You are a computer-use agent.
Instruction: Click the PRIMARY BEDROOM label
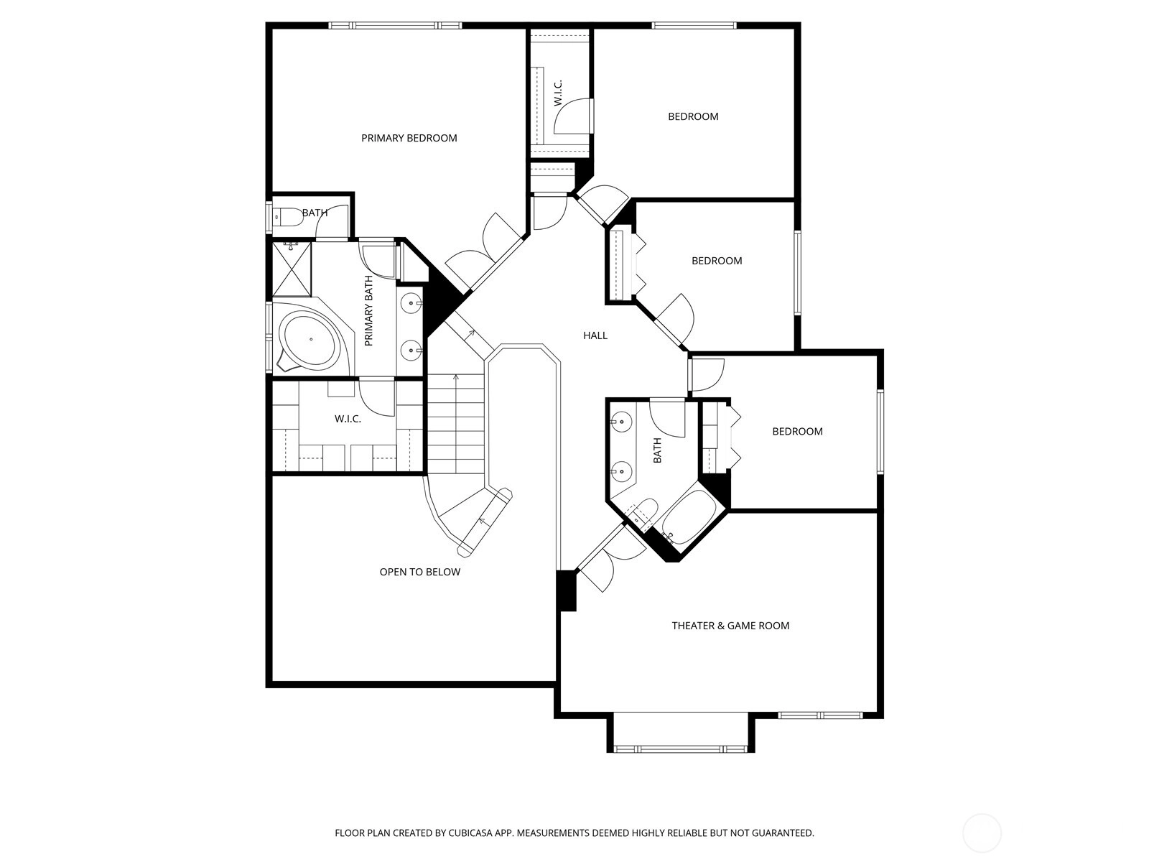coord(409,138)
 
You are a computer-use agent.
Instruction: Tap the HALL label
coord(595,335)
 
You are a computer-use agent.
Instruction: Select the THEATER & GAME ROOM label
coord(730,626)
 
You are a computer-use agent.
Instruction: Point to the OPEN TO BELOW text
coord(420,572)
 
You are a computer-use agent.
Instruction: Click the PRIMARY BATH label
coord(368,311)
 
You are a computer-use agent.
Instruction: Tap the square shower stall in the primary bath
coord(292,269)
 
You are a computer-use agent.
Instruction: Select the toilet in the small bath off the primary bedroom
coord(287,217)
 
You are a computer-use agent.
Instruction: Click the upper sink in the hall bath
coord(622,420)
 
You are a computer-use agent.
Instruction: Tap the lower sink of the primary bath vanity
coord(411,350)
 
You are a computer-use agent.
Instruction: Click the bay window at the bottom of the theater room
coord(681,749)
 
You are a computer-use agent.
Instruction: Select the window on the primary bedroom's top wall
coord(395,25)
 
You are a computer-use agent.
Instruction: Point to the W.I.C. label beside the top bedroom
coord(558,93)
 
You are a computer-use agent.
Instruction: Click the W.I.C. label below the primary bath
coord(348,420)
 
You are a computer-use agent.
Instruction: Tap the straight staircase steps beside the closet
coord(456,424)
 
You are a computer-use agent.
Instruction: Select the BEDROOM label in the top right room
coord(693,116)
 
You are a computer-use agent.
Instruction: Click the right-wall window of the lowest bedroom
coord(880,432)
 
